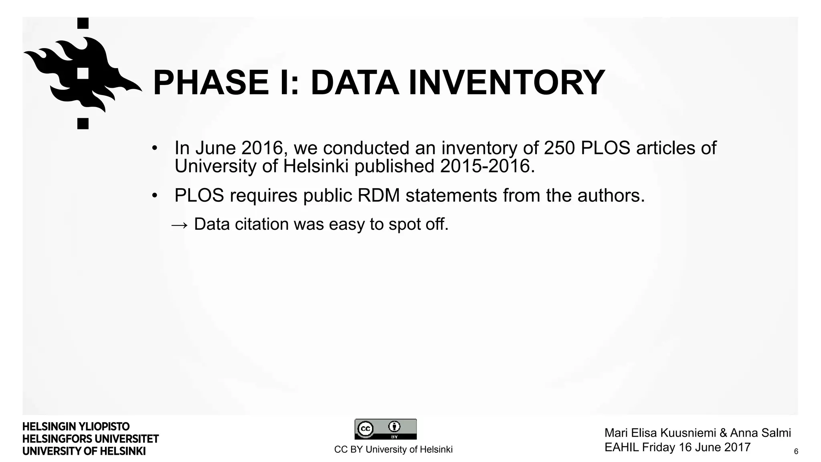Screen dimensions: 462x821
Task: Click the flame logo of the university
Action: point(83,73)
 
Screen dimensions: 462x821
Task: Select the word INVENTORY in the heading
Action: point(506,83)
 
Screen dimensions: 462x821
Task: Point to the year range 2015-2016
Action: point(487,166)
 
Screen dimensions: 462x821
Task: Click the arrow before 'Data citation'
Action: point(179,225)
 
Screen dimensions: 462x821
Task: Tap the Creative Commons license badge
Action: point(385,429)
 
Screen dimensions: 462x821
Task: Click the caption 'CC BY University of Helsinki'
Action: point(393,450)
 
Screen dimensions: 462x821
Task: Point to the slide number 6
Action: point(796,452)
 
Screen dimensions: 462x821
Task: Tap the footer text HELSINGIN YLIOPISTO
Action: point(76,426)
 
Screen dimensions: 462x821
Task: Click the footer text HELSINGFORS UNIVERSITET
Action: point(91,439)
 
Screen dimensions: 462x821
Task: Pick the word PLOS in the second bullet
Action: point(199,196)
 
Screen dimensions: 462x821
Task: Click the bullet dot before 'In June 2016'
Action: point(154,149)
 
